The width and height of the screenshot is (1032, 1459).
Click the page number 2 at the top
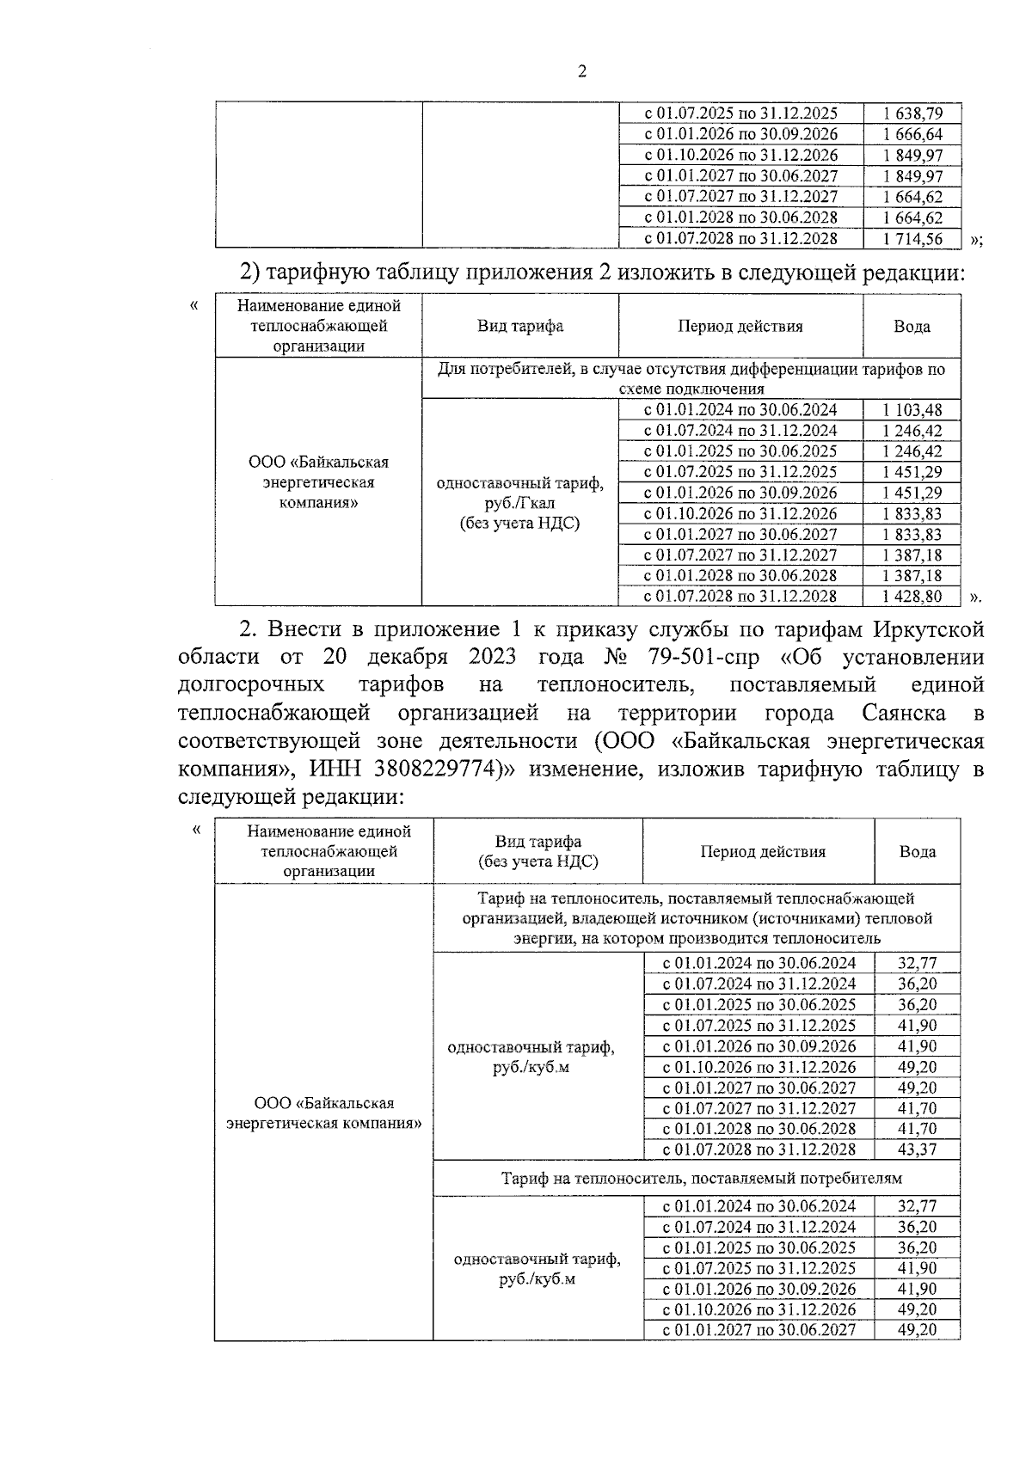(581, 72)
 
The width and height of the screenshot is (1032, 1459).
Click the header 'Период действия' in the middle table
(740, 327)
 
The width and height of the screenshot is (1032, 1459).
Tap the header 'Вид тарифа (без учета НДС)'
(537, 851)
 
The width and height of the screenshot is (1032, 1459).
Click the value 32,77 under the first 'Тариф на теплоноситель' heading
(917, 963)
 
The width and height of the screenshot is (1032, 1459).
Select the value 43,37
(917, 1149)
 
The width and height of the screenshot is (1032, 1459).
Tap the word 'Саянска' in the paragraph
(904, 713)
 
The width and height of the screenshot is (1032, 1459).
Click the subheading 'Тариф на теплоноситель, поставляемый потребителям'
(697, 1178)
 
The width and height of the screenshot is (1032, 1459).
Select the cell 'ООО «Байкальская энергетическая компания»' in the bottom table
(324, 1113)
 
